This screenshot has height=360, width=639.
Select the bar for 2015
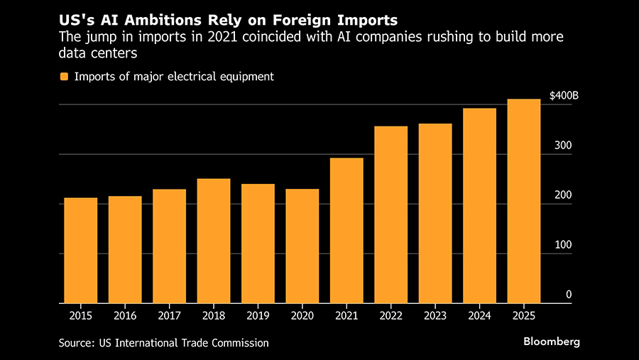click(81, 250)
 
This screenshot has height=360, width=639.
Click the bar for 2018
click(214, 241)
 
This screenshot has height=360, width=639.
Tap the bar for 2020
click(302, 246)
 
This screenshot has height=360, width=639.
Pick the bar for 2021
click(346, 230)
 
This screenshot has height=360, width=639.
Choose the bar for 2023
click(435, 213)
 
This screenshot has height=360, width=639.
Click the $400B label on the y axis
click(564, 95)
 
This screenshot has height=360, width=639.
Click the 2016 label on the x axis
click(125, 315)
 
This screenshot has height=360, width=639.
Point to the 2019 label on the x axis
click(258, 315)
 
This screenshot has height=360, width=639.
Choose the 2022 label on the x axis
click(391, 315)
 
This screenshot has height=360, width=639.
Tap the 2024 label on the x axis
click(479, 315)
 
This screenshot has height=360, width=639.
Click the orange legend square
click(65, 77)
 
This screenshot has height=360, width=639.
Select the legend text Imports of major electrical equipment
click(173, 77)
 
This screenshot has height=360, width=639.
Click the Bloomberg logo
click(552, 342)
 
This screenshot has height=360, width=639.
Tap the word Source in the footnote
click(76, 343)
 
